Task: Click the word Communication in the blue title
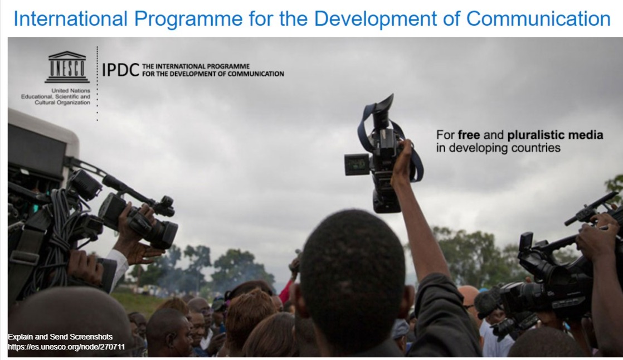point(538,19)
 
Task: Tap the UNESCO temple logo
point(67,67)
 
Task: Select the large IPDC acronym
point(121,70)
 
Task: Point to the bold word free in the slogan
point(469,135)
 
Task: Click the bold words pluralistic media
point(555,135)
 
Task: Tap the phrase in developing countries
point(498,148)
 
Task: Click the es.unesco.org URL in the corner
point(66,347)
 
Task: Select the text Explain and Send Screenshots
point(60,337)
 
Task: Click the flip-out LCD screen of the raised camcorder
point(357,164)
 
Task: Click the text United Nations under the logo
point(71,91)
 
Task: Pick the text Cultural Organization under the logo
point(62,103)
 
